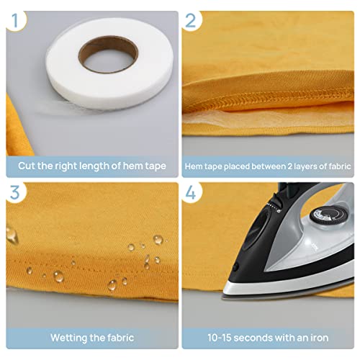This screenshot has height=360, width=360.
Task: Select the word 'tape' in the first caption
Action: pyautogui.click(x=153, y=166)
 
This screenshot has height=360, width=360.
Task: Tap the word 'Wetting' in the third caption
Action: pyautogui.click(x=70, y=337)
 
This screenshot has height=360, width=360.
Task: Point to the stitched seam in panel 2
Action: pyautogui.click(x=274, y=101)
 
